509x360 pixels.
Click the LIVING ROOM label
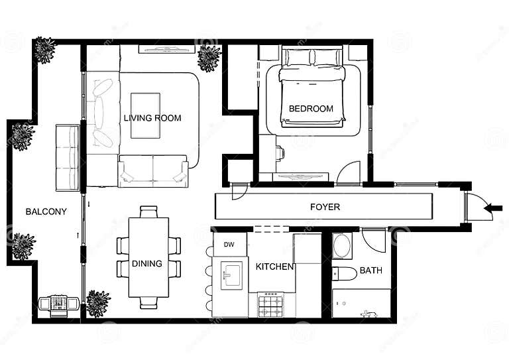coord(152,118)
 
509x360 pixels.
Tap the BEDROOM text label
coord(311,109)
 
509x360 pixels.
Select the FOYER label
coord(325,207)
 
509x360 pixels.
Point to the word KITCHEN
coord(275,267)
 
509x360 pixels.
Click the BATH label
coord(370,270)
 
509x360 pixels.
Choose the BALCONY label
coord(46,211)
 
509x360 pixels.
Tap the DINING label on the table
coord(147,263)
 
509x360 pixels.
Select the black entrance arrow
coord(493,208)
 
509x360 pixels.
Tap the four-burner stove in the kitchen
coord(270,306)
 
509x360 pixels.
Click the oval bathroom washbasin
coord(342,246)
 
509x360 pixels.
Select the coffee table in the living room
coord(145,115)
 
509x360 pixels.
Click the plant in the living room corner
coord(209,58)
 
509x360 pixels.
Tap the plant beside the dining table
coord(98,303)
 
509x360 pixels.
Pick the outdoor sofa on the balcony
coord(67,157)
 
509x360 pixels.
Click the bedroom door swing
coord(349,173)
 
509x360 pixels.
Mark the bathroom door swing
coord(374,240)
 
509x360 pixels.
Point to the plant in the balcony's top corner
coord(44,50)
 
